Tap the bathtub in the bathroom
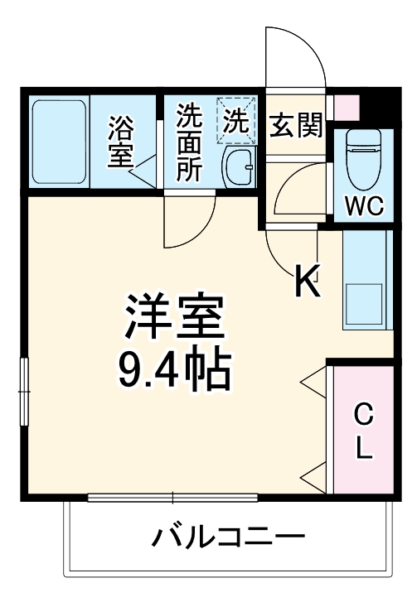(x=59, y=142)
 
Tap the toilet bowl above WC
(x=362, y=157)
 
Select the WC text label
(x=364, y=206)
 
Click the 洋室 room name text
(x=175, y=317)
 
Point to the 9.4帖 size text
(x=174, y=373)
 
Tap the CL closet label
(x=362, y=431)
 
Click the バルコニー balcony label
(x=227, y=539)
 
